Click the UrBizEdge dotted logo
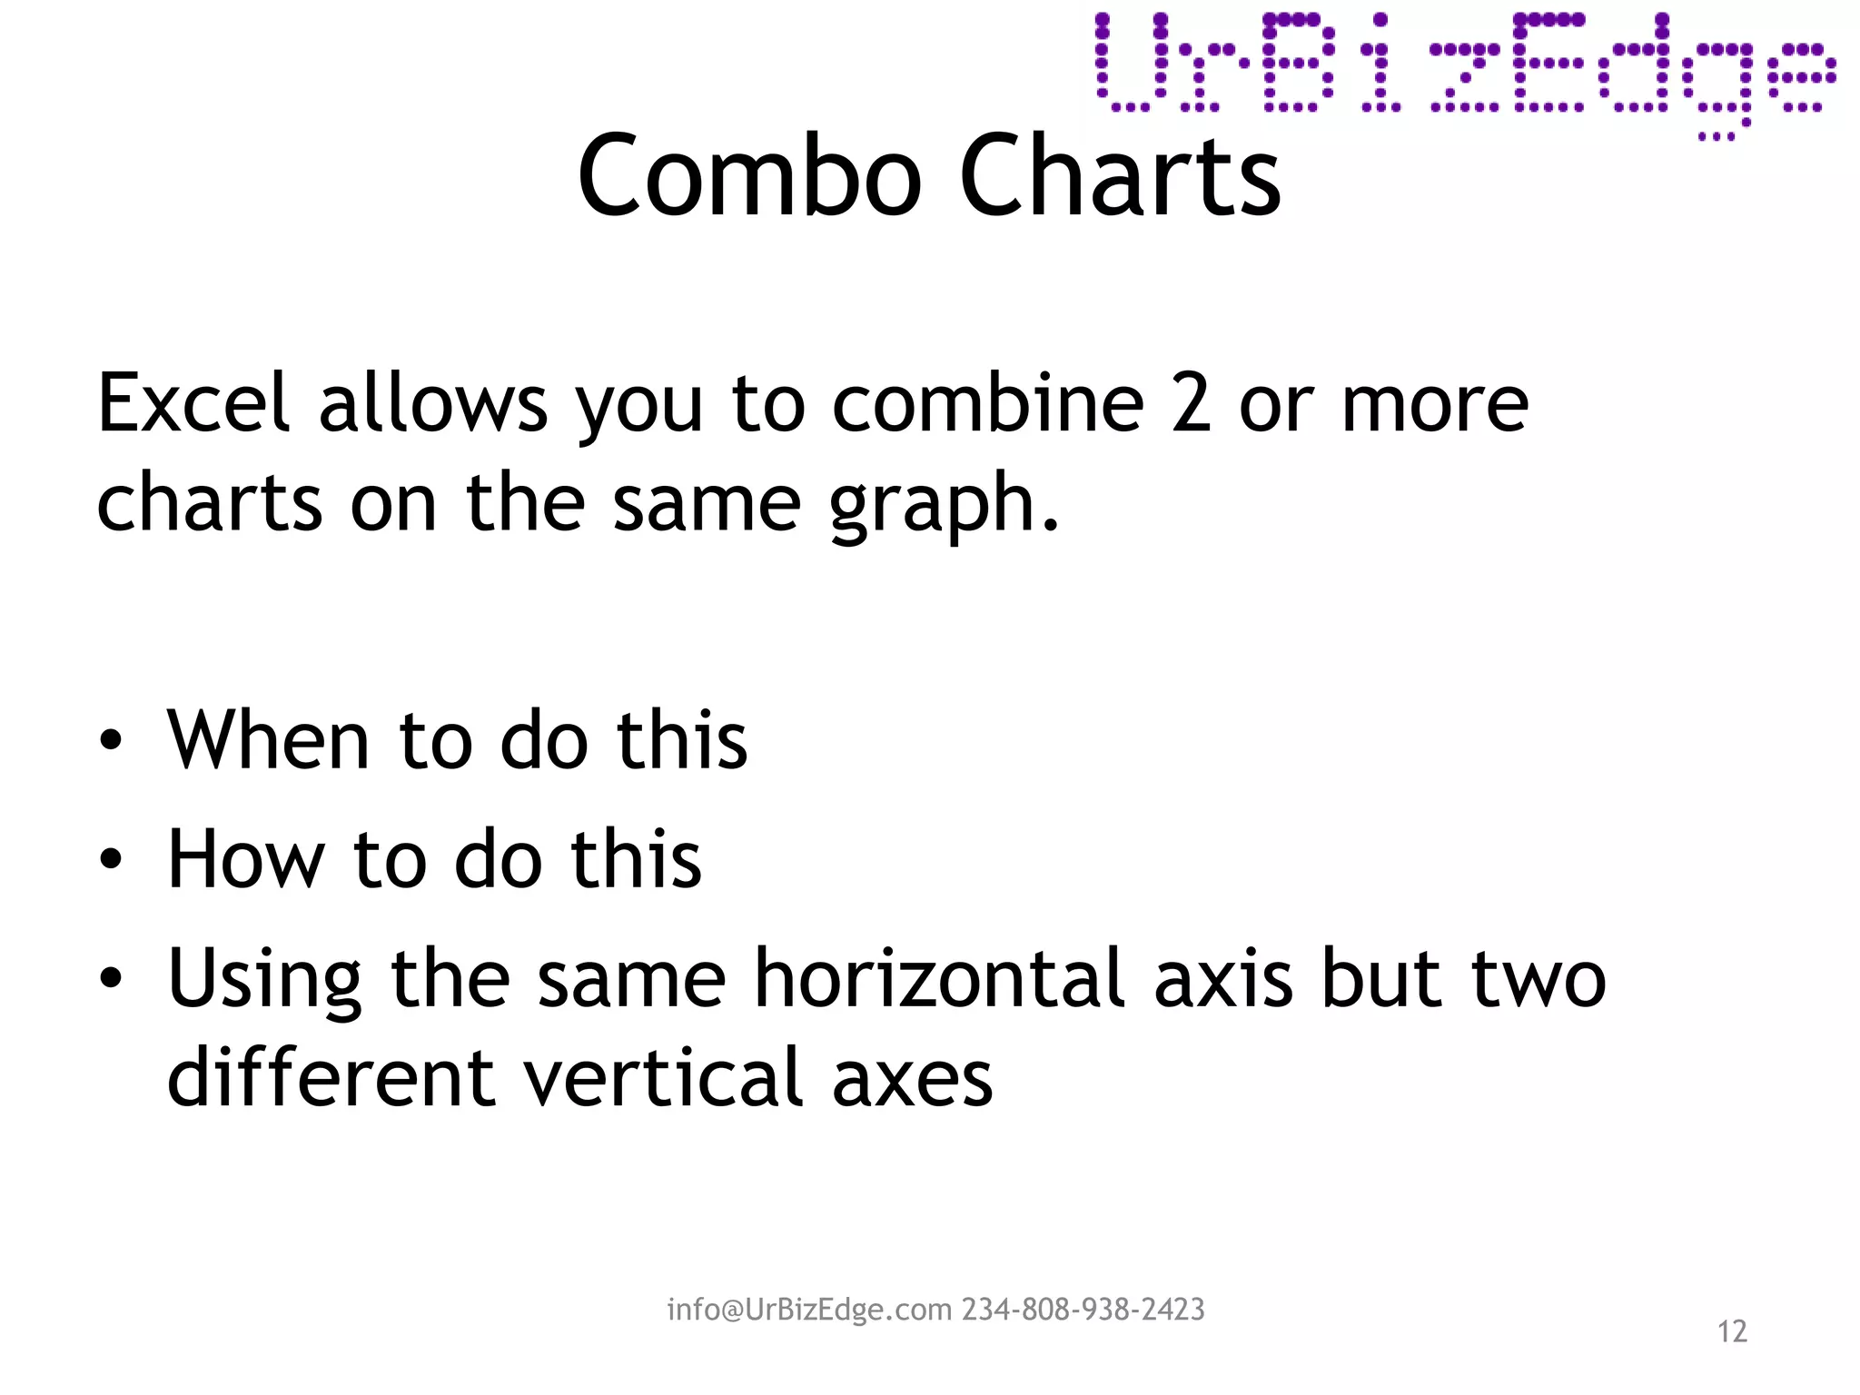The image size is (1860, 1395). point(1464,68)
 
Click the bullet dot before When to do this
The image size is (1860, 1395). point(111,740)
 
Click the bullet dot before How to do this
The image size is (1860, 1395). point(111,859)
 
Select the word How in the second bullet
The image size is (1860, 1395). point(246,859)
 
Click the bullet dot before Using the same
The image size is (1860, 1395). point(111,978)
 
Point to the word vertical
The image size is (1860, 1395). point(664,1078)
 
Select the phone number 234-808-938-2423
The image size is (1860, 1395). point(1083,1310)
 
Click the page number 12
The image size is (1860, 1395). point(1732,1331)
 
